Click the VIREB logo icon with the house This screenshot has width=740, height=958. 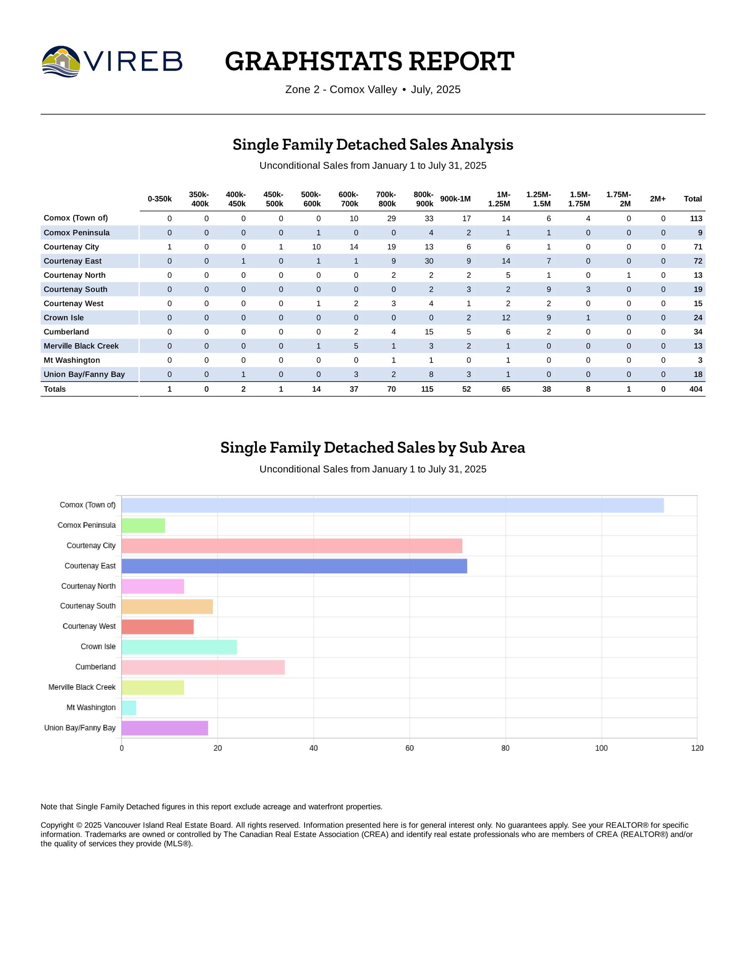click(61, 61)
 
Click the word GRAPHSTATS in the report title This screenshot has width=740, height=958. click(313, 61)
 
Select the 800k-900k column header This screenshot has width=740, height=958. click(423, 199)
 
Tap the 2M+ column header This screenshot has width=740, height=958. click(657, 199)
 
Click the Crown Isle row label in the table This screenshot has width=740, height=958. click(64, 317)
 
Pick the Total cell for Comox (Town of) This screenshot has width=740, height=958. click(696, 219)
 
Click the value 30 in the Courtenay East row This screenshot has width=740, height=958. click(429, 261)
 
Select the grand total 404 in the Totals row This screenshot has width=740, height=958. click(696, 389)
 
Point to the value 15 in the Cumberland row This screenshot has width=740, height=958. click(429, 332)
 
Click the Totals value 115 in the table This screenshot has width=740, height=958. click(427, 389)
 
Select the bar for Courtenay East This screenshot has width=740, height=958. click(294, 566)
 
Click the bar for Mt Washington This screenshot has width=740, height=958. click(129, 708)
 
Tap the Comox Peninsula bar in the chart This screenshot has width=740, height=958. click(143, 526)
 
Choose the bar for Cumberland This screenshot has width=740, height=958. click(203, 667)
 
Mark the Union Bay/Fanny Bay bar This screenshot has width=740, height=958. click(165, 728)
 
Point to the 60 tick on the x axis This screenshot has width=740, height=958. click(410, 748)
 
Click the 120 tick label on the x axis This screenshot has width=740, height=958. click(697, 748)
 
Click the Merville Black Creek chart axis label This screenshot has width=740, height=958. click(82, 687)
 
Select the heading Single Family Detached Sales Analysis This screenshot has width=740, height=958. click(373, 144)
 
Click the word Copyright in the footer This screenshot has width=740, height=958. click(57, 825)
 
